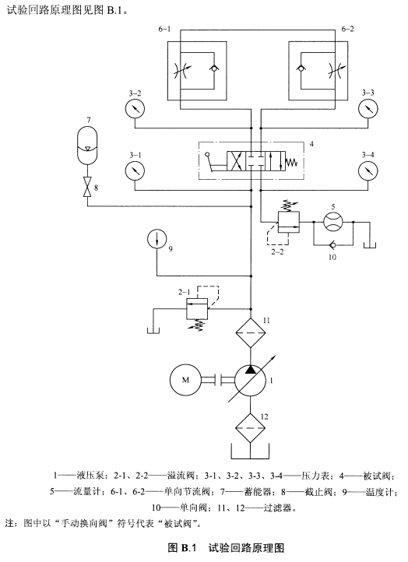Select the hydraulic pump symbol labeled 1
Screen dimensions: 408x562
click(x=250, y=381)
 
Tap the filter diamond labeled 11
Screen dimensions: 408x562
click(x=250, y=333)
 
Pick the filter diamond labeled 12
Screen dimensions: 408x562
click(x=250, y=428)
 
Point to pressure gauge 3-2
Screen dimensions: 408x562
click(x=135, y=108)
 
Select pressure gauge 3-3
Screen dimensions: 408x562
click(x=368, y=108)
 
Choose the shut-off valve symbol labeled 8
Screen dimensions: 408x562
click(x=87, y=187)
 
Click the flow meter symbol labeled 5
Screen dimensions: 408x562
click(x=333, y=222)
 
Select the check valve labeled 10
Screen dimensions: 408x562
click(x=333, y=245)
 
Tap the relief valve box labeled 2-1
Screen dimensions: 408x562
click(x=197, y=308)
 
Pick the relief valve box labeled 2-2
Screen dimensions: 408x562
click(x=289, y=222)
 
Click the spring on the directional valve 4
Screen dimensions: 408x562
click(x=292, y=163)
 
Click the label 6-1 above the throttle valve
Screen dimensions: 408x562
click(x=164, y=29)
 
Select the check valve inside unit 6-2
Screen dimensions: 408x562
click(x=301, y=68)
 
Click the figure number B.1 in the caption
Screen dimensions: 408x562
click(x=188, y=548)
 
